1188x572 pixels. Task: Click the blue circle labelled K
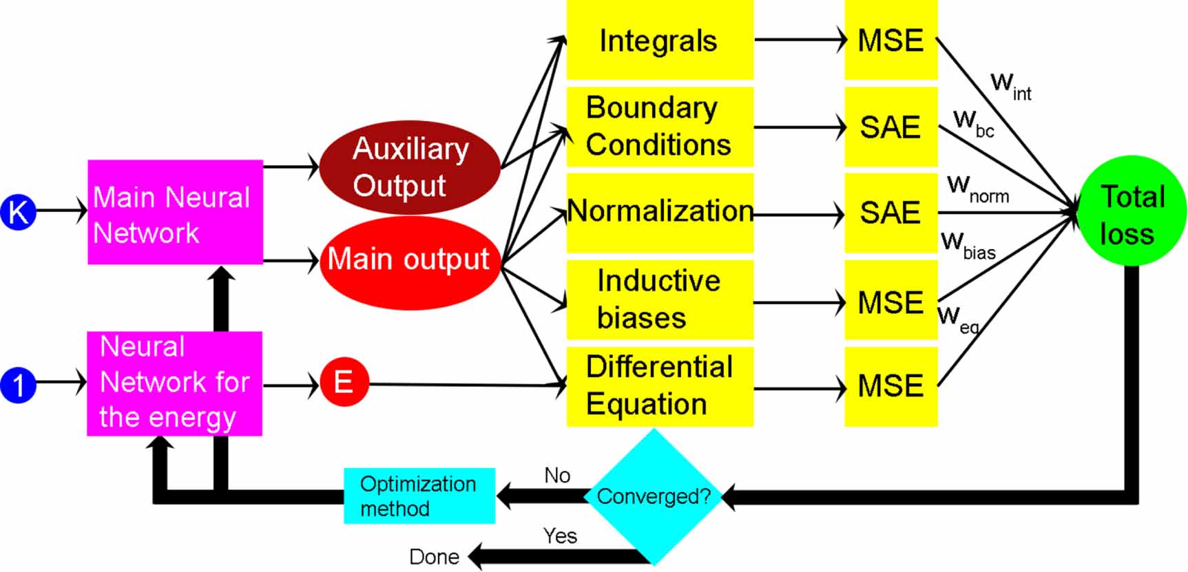pos(19,211)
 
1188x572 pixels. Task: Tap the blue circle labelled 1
pos(19,384)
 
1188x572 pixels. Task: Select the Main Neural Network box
pos(175,213)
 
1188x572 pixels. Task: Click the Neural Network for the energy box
pos(174,383)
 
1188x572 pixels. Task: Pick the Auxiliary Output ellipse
pos(410,167)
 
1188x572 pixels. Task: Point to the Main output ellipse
pos(410,262)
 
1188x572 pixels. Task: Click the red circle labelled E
pos(344,382)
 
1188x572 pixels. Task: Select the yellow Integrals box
pos(659,40)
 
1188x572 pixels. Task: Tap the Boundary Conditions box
pos(659,127)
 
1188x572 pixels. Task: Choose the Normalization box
pos(659,212)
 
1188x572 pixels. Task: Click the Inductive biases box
pos(659,299)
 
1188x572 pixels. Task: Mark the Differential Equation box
pos(659,386)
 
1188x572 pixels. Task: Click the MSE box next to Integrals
pos(890,40)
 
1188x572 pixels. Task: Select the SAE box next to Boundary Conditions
pos(890,127)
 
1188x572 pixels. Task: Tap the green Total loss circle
pos(1132,211)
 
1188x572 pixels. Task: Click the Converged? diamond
pos(653,496)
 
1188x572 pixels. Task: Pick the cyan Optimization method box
pos(419,496)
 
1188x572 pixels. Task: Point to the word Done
pos(434,557)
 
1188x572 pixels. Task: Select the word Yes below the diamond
pos(560,536)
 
